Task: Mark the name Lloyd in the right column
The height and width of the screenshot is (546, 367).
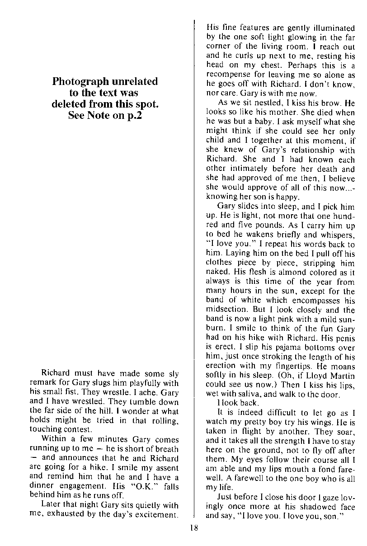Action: tap(315, 376)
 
